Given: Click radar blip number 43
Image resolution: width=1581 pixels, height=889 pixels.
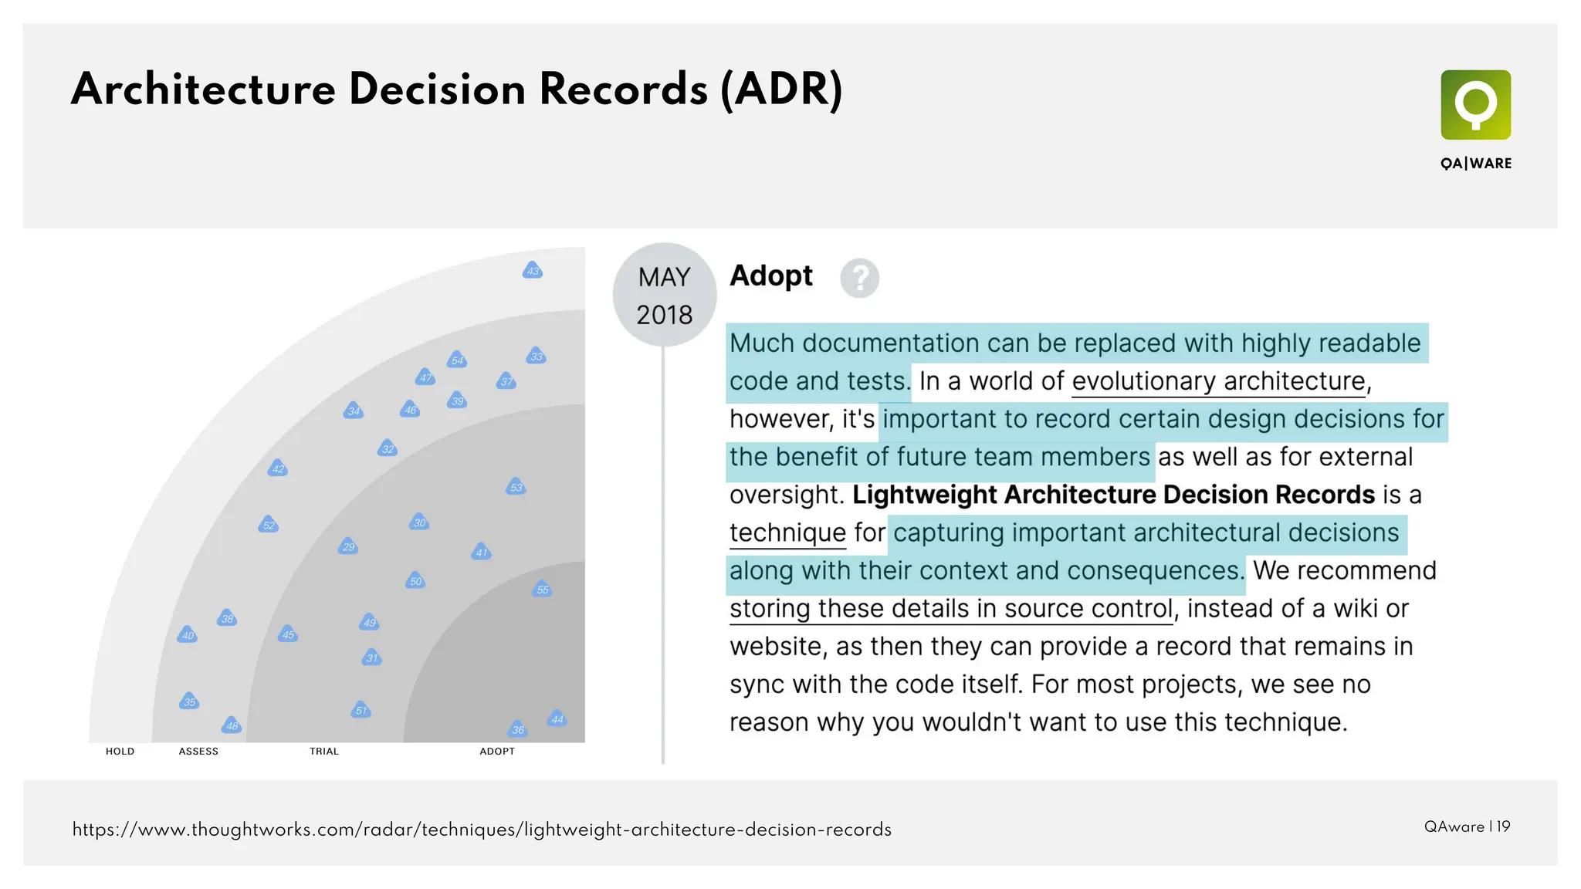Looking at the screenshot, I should pyautogui.click(x=533, y=271).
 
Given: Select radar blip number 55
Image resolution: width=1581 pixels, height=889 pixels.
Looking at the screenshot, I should pyautogui.click(x=543, y=590).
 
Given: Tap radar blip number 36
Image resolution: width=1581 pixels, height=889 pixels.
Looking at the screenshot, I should pyautogui.click(x=518, y=729).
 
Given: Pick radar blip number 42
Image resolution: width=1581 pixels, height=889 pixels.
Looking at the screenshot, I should pyautogui.click(x=278, y=468).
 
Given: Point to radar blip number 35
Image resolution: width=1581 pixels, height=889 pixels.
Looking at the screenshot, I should pyautogui.click(x=189, y=701).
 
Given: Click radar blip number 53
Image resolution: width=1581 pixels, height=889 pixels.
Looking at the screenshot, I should pyautogui.click(x=516, y=487).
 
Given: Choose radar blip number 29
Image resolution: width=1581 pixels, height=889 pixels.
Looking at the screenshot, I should pyautogui.click(x=348, y=547).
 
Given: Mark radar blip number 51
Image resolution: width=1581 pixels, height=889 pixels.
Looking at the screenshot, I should pyautogui.click(x=361, y=710).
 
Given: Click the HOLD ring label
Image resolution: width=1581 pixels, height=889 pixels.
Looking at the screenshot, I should pyautogui.click(x=120, y=752).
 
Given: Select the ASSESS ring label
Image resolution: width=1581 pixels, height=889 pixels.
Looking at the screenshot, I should pyautogui.click(x=198, y=752).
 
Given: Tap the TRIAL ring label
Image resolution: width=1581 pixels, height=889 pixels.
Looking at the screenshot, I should pyautogui.click(x=324, y=752).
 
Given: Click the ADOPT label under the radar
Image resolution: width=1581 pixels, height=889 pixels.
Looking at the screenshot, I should pyautogui.click(x=497, y=752).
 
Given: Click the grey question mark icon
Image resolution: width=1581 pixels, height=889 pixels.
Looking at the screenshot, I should pyautogui.click(x=859, y=278).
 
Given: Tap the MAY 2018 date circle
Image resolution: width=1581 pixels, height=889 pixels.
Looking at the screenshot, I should pyautogui.click(x=664, y=296).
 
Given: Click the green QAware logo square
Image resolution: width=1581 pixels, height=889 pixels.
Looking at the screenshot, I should pyautogui.click(x=1475, y=105).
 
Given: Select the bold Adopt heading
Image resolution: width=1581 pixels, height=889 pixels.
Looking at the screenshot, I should pyautogui.click(x=770, y=276).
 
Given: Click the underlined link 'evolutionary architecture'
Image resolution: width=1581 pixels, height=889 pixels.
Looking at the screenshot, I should pyautogui.click(x=1218, y=381).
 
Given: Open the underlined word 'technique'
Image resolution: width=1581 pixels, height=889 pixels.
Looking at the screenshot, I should pyautogui.click(x=787, y=532).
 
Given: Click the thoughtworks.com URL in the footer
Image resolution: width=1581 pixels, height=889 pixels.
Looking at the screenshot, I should pyautogui.click(x=482, y=830).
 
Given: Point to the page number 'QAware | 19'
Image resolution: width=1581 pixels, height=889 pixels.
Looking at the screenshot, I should pyautogui.click(x=1467, y=826).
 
